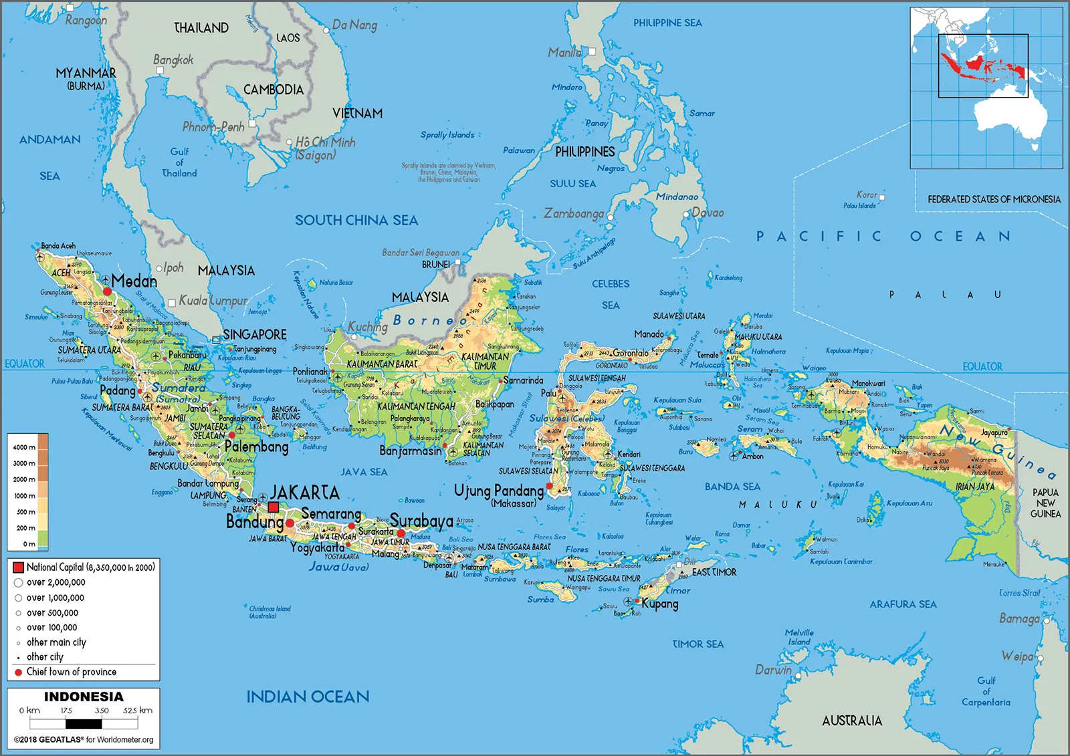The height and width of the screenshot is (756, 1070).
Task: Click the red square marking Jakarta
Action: tap(273, 507)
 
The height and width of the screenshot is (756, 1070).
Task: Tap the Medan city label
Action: tap(134, 281)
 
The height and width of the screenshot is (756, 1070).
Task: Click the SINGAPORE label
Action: tap(254, 334)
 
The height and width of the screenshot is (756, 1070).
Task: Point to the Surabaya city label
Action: tap(421, 521)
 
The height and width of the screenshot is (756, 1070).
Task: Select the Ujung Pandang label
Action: tap(499, 491)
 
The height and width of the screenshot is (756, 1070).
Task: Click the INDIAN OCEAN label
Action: tap(308, 697)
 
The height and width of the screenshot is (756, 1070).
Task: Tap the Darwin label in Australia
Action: tap(773, 670)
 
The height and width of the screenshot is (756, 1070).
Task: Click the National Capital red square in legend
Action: tap(18, 568)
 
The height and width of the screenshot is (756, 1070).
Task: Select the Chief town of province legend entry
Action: tap(71, 672)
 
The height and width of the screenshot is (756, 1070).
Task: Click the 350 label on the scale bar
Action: tap(102, 711)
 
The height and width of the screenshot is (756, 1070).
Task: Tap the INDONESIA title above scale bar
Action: tap(84, 697)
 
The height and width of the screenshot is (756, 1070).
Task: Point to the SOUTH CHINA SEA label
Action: tap(356, 220)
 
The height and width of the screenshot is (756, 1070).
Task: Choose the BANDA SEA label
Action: tap(732, 487)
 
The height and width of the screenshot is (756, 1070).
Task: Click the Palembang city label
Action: tap(257, 447)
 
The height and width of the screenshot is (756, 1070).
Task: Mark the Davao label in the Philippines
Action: tap(708, 213)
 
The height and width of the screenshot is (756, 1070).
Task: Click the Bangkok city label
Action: tap(173, 60)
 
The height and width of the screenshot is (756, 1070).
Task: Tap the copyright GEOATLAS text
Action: tap(84, 739)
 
